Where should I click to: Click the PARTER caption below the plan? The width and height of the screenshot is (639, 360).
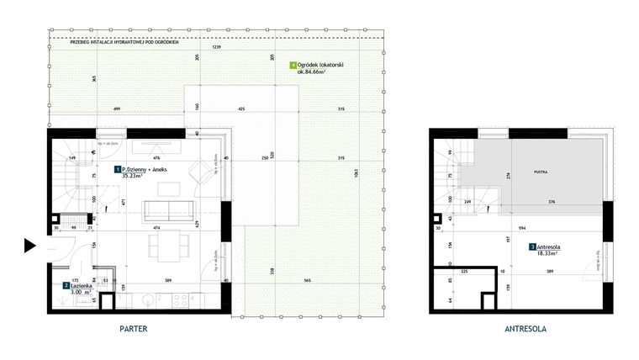tap(135, 330)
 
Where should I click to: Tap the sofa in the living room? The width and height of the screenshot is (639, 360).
tap(166, 209)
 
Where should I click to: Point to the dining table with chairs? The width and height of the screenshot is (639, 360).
tap(166, 246)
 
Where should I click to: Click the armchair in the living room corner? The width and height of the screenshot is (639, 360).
tap(203, 175)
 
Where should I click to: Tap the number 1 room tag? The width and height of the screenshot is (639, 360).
tap(117, 170)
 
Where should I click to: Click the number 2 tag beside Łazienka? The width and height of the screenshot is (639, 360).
tap(66, 286)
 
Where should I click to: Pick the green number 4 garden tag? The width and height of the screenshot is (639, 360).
tap(292, 65)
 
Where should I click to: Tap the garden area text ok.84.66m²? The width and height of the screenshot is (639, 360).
tap(312, 72)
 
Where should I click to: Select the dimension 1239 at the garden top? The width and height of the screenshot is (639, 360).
tap(217, 47)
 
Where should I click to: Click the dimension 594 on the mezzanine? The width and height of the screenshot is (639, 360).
tap(522, 227)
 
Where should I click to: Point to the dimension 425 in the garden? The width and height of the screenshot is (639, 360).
tap(241, 109)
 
